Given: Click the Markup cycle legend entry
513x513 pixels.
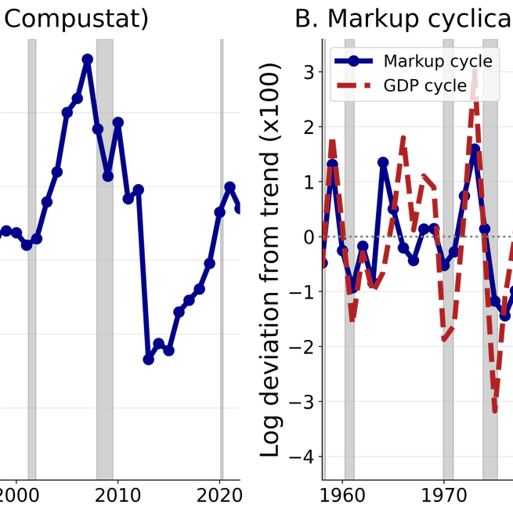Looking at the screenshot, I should click(437, 61).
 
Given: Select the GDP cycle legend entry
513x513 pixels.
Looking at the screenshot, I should click(424, 85).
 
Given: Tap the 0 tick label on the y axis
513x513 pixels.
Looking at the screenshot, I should click(308, 237).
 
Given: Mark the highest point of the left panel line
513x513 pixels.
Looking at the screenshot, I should click(87, 60).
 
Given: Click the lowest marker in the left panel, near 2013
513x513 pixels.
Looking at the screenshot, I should click(148, 359).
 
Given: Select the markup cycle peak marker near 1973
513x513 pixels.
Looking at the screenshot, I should click(475, 149).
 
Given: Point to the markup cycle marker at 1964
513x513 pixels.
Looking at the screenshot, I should click(383, 162).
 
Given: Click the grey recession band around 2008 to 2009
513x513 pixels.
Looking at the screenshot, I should click(105, 258).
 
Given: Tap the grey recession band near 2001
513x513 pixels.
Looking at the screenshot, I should click(32, 258).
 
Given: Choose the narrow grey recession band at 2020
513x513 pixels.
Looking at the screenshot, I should click(222, 258).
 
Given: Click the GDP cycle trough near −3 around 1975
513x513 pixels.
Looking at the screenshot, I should click(495, 409).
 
